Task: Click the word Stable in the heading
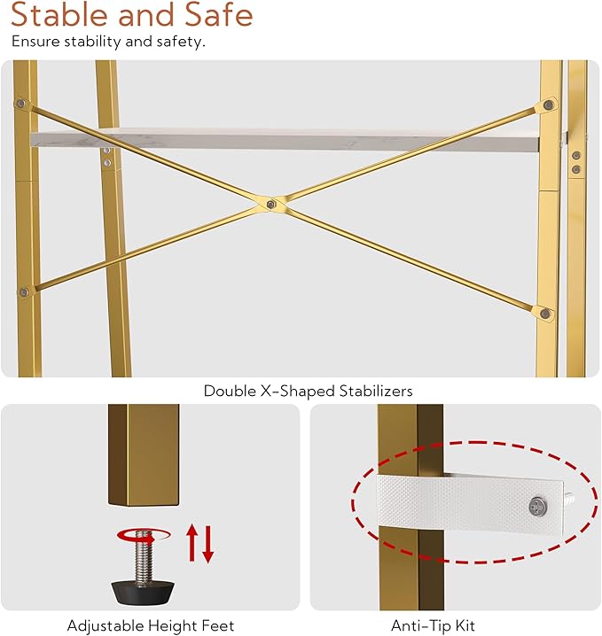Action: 60,14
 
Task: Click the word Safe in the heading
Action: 219,14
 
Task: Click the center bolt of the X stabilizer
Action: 271,204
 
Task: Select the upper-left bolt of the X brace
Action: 21,104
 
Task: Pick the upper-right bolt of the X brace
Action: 548,105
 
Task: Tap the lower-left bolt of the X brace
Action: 24,291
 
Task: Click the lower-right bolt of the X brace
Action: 545,314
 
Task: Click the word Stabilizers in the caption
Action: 376,391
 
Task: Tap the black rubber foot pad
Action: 143,592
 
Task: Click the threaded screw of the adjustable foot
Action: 142,556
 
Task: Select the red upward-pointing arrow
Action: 192,543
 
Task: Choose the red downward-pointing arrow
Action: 207,545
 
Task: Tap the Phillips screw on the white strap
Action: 538,507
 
